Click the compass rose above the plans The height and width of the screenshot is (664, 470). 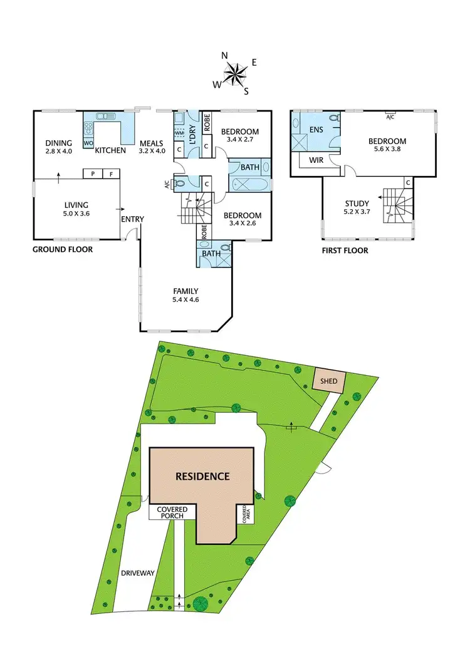235,74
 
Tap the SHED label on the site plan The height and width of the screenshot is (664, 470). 329,381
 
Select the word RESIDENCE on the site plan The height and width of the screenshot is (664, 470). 202,476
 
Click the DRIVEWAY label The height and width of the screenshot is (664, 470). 138,573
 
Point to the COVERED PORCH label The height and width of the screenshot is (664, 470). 170,512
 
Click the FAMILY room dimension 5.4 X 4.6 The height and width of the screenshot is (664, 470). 186,300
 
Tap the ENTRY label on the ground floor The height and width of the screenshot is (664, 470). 133,219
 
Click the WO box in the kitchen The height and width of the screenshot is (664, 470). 88,143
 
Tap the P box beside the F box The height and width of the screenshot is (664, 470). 93,174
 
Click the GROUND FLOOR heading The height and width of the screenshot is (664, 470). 63,249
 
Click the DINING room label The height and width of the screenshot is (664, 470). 59,143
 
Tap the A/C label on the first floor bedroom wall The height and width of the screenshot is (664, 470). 390,117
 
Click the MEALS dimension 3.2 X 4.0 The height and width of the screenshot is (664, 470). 152,151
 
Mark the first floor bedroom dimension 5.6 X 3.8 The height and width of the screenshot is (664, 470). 387,150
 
